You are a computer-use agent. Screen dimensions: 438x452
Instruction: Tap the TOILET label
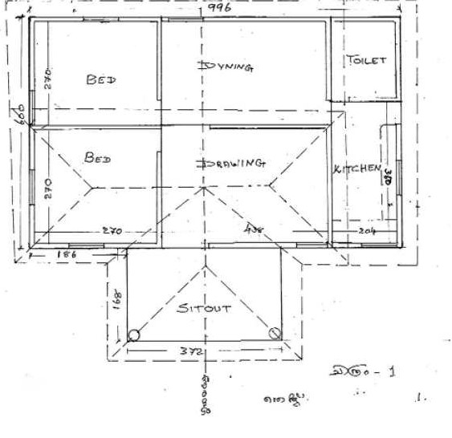[x=367, y=60]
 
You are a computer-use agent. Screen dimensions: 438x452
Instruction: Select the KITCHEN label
[x=356, y=168]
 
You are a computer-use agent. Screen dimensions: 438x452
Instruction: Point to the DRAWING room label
[x=231, y=163]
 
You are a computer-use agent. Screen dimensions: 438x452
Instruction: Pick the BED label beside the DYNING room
[x=102, y=79]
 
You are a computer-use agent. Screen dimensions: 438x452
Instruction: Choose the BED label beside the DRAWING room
[x=98, y=157]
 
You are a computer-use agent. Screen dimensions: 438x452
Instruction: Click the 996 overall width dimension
[x=218, y=7]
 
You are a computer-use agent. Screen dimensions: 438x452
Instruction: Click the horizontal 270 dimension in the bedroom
[x=111, y=232]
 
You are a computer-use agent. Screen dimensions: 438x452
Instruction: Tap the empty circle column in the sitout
[x=133, y=336]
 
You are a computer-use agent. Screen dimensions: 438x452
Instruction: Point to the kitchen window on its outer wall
[x=399, y=172]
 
